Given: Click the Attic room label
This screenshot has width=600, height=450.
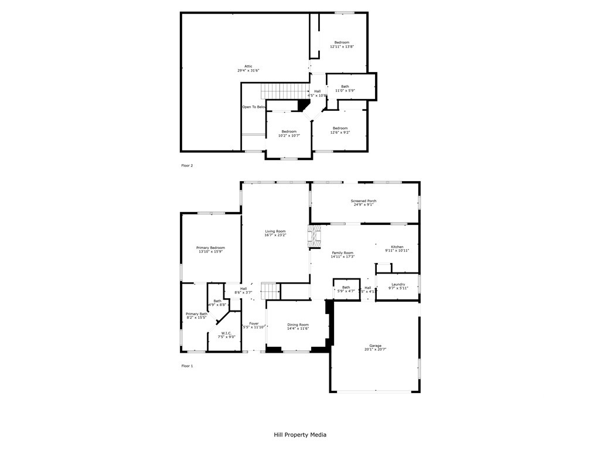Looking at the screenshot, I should (248, 68).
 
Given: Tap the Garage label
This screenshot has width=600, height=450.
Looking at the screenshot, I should (375, 347).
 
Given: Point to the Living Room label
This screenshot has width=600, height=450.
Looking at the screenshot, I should (275, 233).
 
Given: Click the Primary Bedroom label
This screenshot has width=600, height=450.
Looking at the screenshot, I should (210, 250).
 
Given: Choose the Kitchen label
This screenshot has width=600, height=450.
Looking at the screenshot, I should (397, 248).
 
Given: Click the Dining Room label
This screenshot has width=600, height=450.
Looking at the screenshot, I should (298, 326).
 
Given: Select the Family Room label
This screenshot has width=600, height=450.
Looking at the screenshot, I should (343, 254).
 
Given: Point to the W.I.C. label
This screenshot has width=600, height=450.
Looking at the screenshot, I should (226, 335).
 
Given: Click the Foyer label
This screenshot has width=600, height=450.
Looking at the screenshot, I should (254, 325).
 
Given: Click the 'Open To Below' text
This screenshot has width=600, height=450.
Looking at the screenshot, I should (254, 107).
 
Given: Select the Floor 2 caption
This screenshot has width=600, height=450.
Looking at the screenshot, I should (187, 165).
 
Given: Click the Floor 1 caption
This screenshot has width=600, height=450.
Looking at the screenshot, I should (187, 366).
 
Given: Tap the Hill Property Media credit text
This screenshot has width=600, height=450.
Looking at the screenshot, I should (300, 435).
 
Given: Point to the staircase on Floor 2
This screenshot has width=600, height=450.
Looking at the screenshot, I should (284, 91).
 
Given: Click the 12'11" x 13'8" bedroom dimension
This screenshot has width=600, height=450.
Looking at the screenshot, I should (342, 47).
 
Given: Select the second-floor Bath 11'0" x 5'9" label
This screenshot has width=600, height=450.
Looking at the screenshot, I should (345, 88).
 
